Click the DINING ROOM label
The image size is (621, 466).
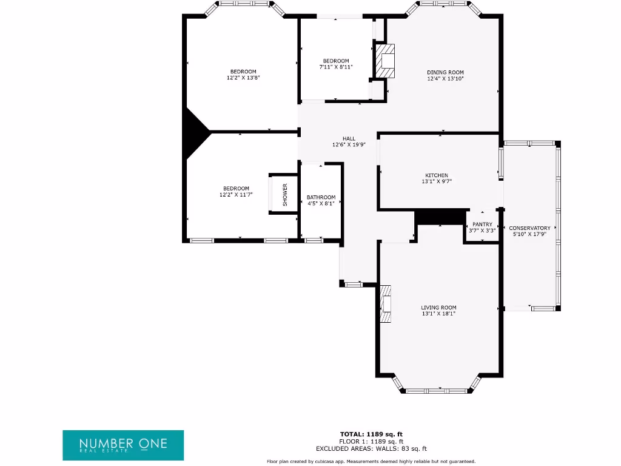pos(445,72)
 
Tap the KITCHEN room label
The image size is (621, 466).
pos(437,175)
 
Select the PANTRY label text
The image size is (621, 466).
pos(483,225)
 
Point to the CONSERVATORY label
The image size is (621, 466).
pos(530,228)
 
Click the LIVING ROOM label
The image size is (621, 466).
pos(438,308)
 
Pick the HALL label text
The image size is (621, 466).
pos(349,138)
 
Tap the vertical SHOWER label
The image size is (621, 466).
pos(284,194)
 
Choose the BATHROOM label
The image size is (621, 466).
pos(321,197)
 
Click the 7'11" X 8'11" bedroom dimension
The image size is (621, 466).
pos(336,67)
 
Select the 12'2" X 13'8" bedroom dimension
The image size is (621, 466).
pos(243,78)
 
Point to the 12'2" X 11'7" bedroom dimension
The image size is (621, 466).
pos(235,195)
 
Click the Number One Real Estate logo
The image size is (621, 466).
pos(123,445)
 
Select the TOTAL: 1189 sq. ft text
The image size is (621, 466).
pos(371,434)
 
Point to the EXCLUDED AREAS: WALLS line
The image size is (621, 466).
pos(371,449)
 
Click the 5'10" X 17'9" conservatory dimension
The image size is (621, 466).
pos(530,234)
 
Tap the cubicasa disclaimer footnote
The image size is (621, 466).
pos(371,461)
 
